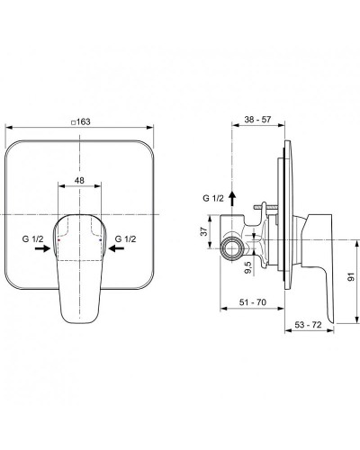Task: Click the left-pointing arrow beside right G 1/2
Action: tap(118, 253)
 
